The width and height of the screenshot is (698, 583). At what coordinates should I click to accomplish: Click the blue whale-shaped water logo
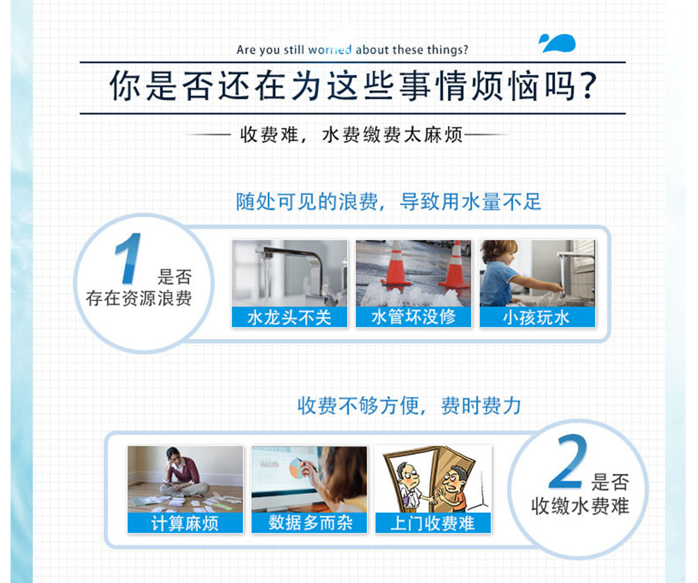point(557,43)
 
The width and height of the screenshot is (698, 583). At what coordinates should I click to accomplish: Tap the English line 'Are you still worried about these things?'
point(352,50)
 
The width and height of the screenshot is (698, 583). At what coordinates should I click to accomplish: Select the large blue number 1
point(129,258)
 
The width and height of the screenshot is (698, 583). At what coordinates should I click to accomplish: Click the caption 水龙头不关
point(289,317)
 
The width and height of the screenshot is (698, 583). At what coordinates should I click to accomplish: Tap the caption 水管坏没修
point(413,317)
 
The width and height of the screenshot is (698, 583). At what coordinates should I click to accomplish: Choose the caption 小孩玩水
point(536,317)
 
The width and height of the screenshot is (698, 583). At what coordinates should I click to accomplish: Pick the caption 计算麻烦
point(185,523)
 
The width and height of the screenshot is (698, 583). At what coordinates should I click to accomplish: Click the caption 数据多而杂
point(310,523)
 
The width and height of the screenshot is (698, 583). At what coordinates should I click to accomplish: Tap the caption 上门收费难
point(433,523)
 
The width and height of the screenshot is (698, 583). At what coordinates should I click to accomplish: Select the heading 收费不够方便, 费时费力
point(409,406)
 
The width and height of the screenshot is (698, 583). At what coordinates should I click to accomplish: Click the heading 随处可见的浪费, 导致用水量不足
point(388,202)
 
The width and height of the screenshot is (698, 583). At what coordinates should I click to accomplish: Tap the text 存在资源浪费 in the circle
point(139,298)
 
